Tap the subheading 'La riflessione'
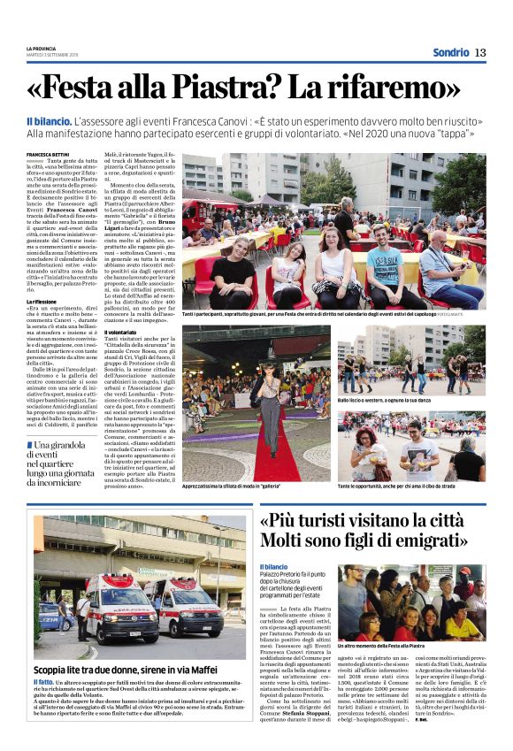[x=44, y=301]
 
